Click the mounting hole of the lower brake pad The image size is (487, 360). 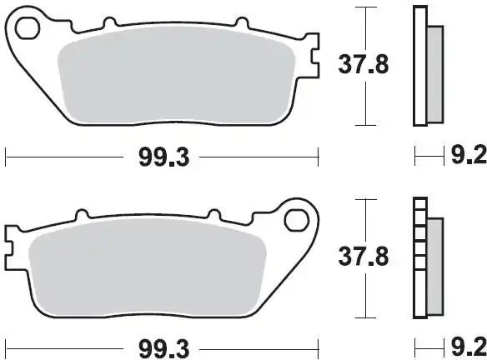[296, 220]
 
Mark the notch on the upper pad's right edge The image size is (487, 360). [315, 58]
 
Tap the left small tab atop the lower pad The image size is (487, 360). [82, 214]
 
